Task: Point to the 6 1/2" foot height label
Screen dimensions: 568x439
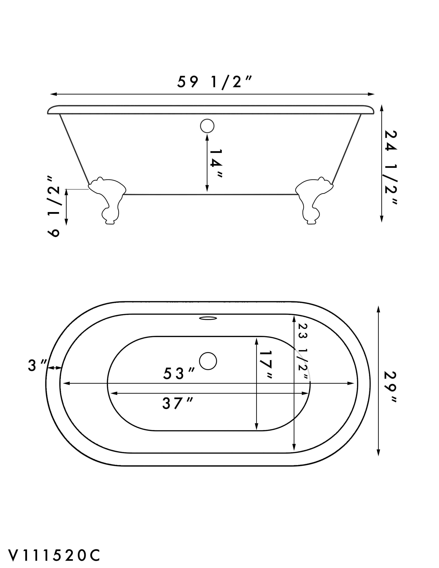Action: [54, 206]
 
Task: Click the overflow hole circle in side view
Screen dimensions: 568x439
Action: [207, 126]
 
